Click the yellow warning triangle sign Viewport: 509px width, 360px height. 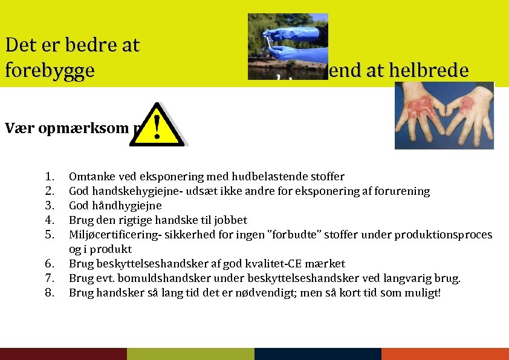(x=157, y=125)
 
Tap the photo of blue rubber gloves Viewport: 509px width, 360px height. (x=288, y=47)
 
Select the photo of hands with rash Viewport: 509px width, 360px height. (x=444, y=116)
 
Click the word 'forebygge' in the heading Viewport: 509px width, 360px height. (x=50, y=70)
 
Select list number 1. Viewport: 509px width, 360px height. (x=50, y=177)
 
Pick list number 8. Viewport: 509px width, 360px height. (x=50, y=293)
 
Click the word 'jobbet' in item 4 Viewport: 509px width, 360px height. (x=230, y=220)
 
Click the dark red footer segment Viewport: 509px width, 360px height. (x=63, y=354)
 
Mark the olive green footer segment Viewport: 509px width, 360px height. (x=190, y=354)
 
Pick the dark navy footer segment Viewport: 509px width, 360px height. (x=318, y=354)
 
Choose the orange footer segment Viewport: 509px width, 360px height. (x=445, y=354)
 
